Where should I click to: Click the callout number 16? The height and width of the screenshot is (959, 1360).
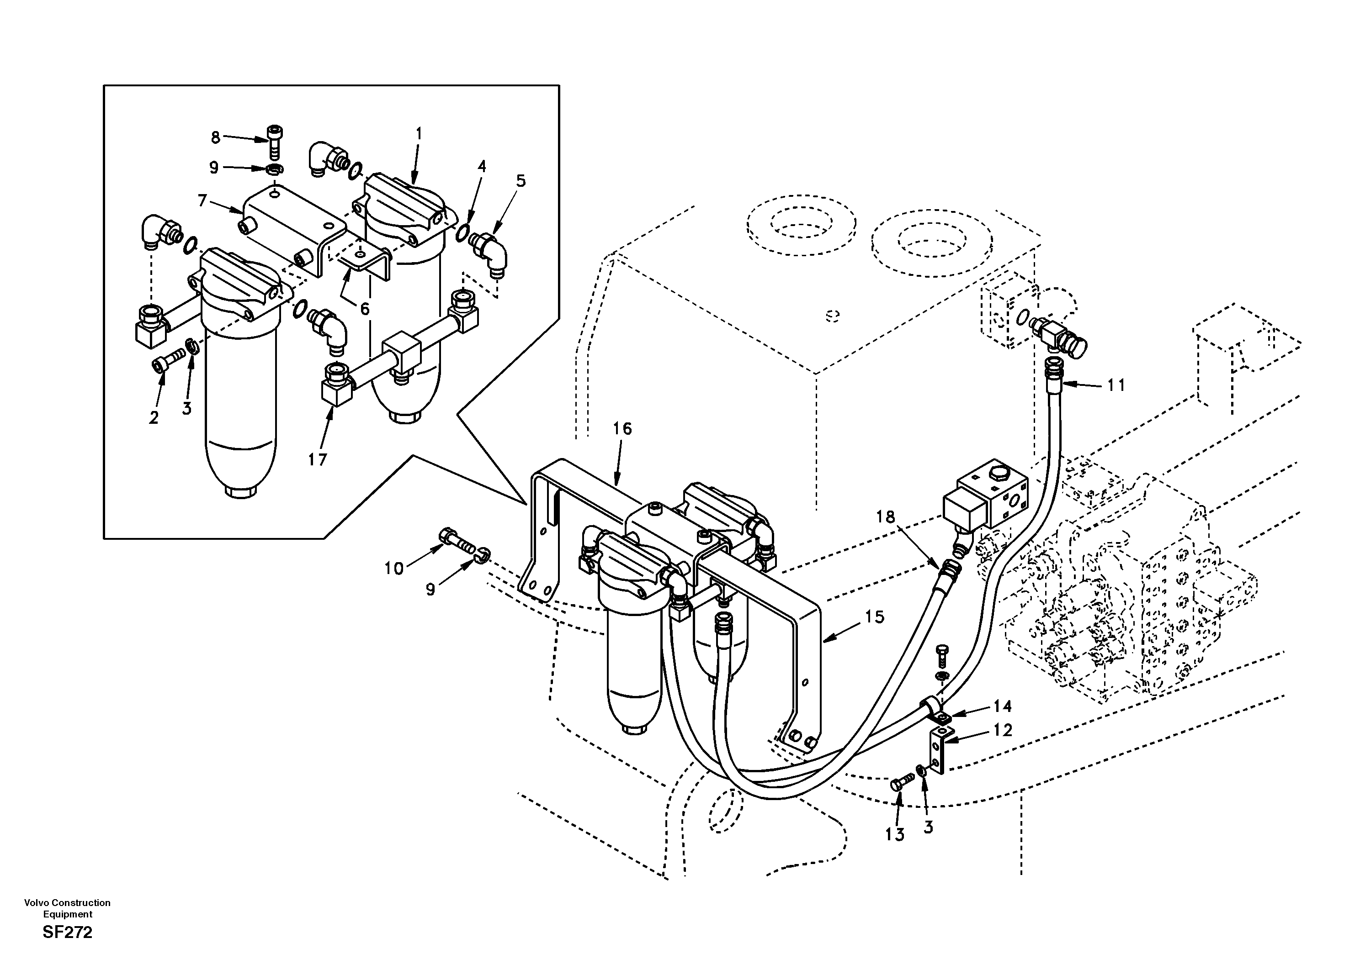pyautogui.click(x=622, y=429)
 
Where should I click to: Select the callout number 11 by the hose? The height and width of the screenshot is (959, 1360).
pyautogui.click(x=1116, y=385)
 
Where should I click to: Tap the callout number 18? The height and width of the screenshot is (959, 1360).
pyautogui.click(x=886, y=517)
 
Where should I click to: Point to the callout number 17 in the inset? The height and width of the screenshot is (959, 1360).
pyautogui.click(x=318, y=459)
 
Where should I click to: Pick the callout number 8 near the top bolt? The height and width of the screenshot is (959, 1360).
pyautogui.click(x=216, y=138)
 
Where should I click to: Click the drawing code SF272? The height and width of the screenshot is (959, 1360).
pyautogui.click(x=68, y=933)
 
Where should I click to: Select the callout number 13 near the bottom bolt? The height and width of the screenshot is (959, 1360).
pyautogui.click(x=895, y=835)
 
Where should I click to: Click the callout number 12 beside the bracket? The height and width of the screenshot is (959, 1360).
pyautogui.click(x=1003, y=731)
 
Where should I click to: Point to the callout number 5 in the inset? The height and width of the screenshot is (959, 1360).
pyautogui.click(x=520, y=181)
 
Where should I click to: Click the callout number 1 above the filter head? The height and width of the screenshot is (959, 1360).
pyautogui.click(x=418, y=134)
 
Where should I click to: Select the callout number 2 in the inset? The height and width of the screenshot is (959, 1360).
pyautogui.click(x=154, y=418)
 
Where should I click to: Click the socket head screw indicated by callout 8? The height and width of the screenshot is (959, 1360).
pyautogui.click(x=274, y=140)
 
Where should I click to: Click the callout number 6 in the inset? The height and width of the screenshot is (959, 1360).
pyautogui.click(x=365, y=308)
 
